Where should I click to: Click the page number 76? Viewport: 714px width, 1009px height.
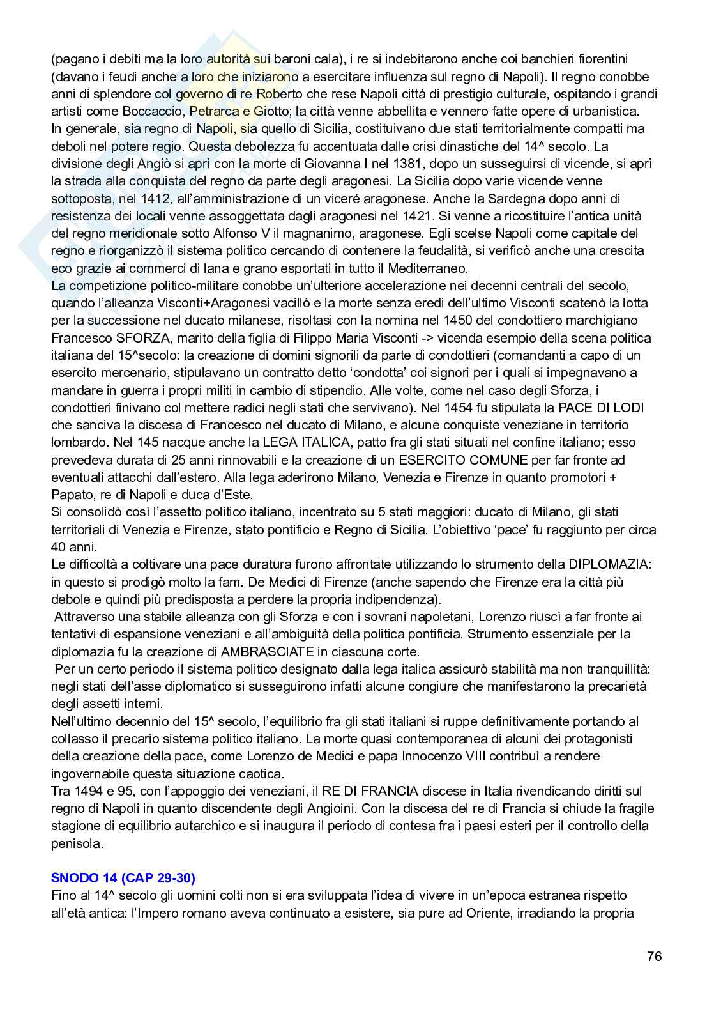[654, 957]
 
